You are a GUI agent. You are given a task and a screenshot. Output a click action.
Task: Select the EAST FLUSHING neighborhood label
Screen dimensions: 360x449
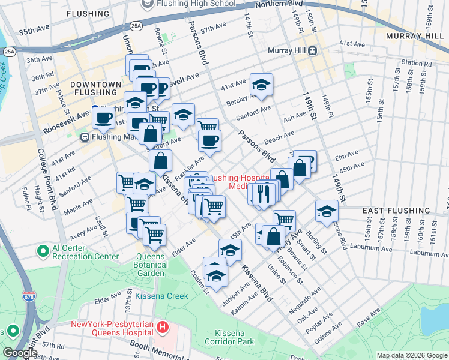click(396, 211)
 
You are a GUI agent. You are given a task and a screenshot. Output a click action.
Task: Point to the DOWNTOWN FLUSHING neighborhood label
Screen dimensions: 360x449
click(93, 88)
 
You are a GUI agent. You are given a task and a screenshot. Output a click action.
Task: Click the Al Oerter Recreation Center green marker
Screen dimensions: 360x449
click(43, 250)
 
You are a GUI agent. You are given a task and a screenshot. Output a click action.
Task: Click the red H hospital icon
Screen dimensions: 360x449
click(163, 328)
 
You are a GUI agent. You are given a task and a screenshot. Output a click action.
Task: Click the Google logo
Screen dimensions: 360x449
click(19, 353)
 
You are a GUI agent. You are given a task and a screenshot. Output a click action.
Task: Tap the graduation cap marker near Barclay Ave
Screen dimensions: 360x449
click(261, 85)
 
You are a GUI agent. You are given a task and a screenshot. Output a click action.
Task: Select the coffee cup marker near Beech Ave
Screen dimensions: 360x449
click(209, 141)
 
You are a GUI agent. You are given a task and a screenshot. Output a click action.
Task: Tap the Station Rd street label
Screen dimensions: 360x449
click(417, 62)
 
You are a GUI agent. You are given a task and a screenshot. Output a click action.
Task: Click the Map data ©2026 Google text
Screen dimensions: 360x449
click(411, 355)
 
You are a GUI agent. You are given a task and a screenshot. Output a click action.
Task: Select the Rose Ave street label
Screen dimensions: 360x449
click(367, 317)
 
